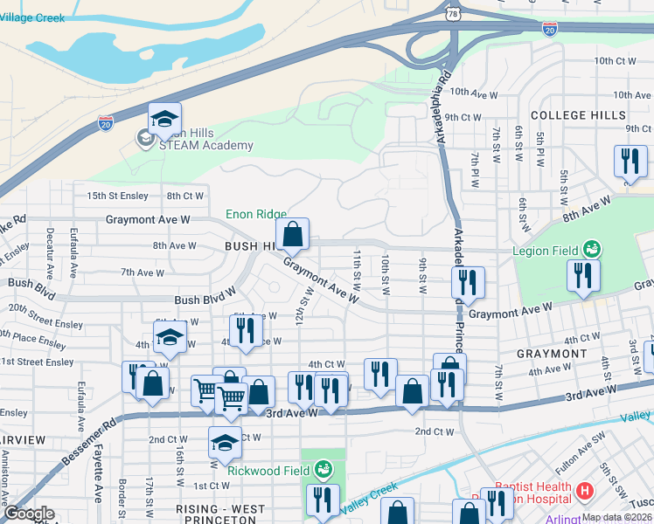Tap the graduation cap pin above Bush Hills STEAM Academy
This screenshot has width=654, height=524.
[x=164, y=121]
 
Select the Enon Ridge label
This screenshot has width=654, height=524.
[x=256, y=213]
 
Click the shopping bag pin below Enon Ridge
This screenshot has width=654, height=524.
[x=293, y=234]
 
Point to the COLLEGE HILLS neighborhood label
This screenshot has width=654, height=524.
[x=578, y=115]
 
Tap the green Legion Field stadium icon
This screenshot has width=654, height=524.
[x=592, y=250]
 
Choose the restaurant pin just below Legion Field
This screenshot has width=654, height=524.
[x=581, y=276]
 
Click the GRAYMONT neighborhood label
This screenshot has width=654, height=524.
[x=552, y=354]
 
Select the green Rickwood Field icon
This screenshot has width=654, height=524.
[x=324, y=470]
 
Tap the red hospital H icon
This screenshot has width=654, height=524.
[x=585, y=493]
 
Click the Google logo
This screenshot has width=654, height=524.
[x=29, y=514]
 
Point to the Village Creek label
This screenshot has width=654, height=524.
[x=32, y=17]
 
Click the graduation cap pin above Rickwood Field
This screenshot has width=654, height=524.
[x=225, y=444]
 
